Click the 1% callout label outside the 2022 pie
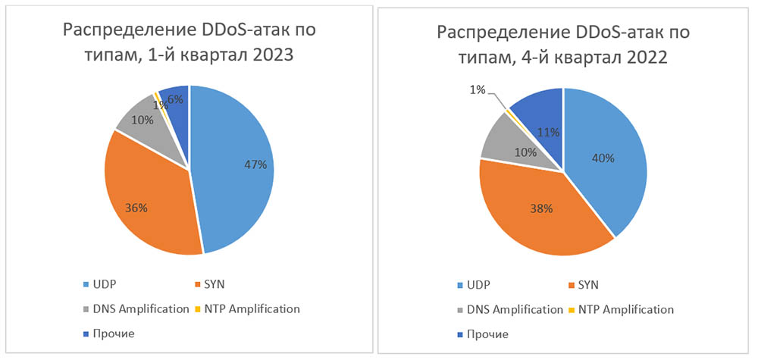click(x=478, y=89)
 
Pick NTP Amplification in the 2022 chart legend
click(x=625, y=309)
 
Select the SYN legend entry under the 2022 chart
click(x=590, y=286)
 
